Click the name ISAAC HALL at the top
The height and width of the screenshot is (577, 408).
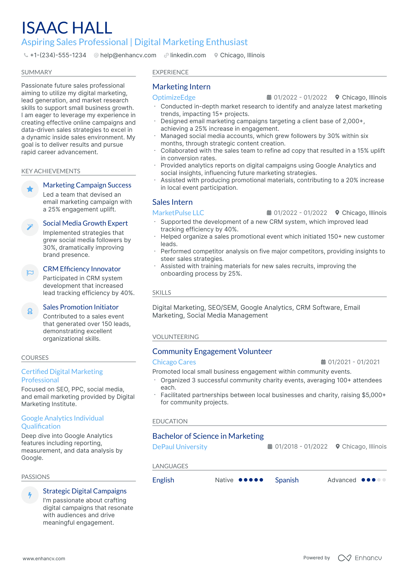(x=67, y=28)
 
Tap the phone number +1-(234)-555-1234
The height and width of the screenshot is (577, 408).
(x=58, y=55)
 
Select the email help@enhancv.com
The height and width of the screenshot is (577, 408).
(x=128, y=55)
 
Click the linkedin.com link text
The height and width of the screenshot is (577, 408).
(x=188, y=55)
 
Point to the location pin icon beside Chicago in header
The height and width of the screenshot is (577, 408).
(x=216, y=55)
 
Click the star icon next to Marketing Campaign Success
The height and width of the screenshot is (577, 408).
(x=30, y=189)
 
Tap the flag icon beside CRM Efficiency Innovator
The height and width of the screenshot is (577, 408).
(x=30, y=273)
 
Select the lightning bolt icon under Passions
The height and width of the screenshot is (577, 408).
(x=30, y=495)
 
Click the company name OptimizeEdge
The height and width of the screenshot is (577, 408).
(x=174, y=97)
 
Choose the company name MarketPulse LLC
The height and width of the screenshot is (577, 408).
(x=178, y=213)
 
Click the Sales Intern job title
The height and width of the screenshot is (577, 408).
(x=172, y=202)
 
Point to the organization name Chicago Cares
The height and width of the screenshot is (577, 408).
(x=174, y=362)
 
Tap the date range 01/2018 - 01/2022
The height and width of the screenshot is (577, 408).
(x=301, y=447)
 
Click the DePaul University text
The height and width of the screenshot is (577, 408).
(x=180, y=447)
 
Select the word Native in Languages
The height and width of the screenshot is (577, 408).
(x=224, y=480)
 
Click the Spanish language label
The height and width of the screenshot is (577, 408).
(x=286, y=480)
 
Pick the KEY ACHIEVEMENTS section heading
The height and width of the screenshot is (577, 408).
(x=51, y=171)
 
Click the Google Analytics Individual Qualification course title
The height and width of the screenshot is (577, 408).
(x=62, y=422)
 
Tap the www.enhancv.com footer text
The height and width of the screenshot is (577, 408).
(x=44, y=558)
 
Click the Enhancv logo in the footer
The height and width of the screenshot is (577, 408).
(x=360, y=558)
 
